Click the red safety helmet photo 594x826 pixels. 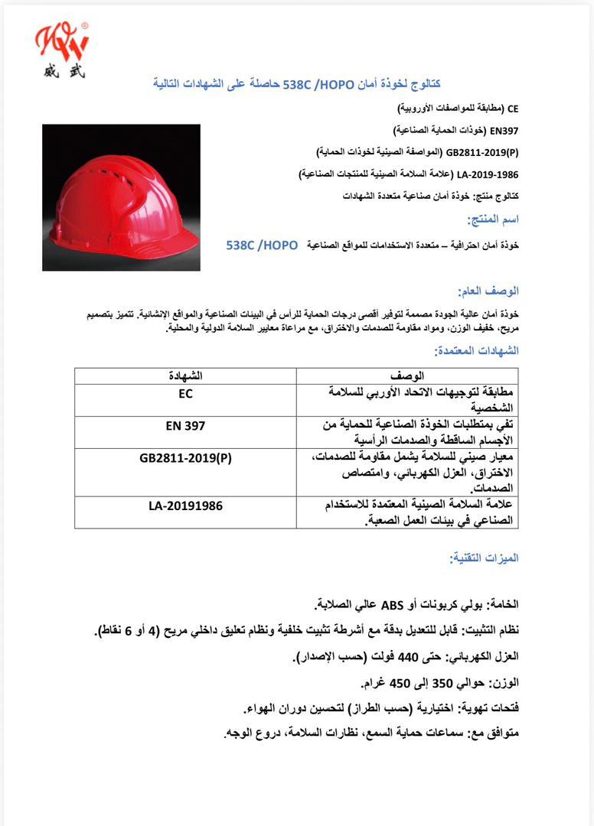pos(120,197)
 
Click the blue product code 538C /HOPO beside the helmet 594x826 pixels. pos(262,245)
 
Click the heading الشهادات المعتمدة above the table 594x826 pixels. pos(476,350)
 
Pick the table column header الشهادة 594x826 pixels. pos(185,376)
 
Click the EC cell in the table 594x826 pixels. pos(185,394)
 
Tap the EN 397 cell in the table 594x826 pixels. pos(185,426)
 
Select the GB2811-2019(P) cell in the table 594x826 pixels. pos(185,458)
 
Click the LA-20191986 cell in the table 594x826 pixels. pos(185,506)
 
